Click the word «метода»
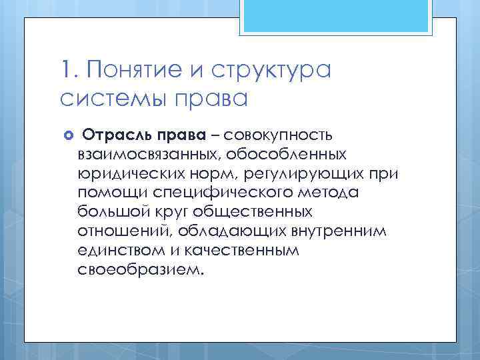[x=331, y=194]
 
